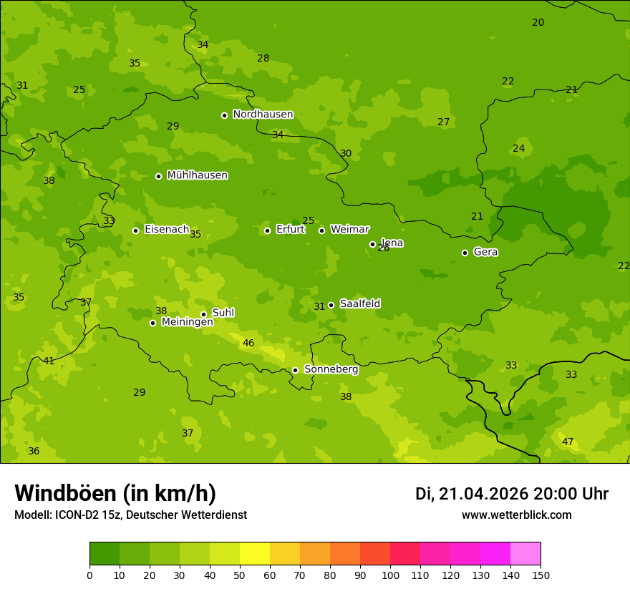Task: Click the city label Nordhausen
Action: tap(263, 115)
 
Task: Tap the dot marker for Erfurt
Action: tap(267, 230)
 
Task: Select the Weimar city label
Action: tap(349, 230)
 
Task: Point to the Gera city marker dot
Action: tap(465, 253)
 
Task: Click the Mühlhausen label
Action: tap(197, 175)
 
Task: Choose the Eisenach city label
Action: tap(166, 230)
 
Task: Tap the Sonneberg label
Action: tap(331, 369)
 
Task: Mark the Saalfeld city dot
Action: tap(331, 305)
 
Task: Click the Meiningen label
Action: tap(187, 322)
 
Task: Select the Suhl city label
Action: tap(223, 313)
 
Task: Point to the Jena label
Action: tap(392, 243)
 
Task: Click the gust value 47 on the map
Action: tap(568, 442)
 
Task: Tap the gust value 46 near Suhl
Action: tap(248, 344)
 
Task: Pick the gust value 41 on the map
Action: tap(49, 361)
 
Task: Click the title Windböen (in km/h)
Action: tap(115, 493)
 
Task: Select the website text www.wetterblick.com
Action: tap(516, 515)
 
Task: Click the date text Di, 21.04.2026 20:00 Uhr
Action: tap(511, 494)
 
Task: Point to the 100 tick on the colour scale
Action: tap(390, 575)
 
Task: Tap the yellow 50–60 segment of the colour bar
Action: tap(255, 554)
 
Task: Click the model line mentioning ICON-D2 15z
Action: tap(130, 515)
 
